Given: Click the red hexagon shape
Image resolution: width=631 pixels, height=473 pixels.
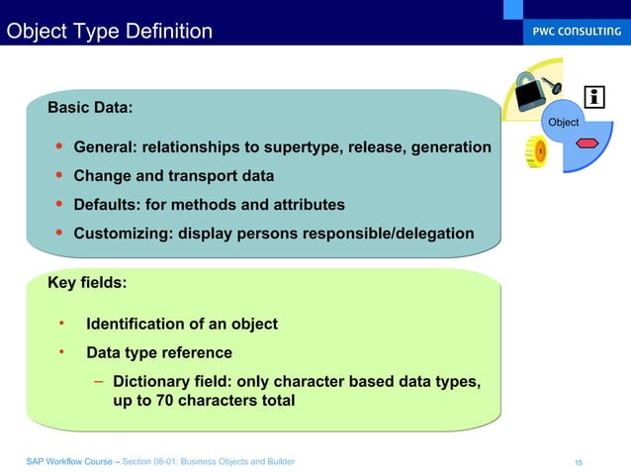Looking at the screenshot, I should pos(587,143).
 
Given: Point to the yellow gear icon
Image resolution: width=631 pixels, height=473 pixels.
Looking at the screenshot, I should pos(536,151).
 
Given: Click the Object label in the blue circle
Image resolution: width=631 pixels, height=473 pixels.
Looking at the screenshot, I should pos(564,122).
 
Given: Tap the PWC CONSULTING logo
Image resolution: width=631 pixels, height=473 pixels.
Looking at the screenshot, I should pos(573,31).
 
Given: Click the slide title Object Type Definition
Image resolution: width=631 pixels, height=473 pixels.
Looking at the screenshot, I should pos(109,32).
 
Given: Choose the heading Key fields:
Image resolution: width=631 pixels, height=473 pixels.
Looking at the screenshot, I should pos(87,283).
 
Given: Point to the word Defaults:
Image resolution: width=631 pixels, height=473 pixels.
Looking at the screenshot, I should pos(106,205).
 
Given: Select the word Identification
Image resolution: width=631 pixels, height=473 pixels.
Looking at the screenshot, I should pos(138,324).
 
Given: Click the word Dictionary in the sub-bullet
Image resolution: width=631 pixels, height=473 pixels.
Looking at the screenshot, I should pos(153,381).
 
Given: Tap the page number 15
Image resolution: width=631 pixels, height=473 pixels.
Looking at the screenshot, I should pos(579,462).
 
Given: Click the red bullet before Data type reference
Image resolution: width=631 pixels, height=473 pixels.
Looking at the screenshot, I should pos(61,351).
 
